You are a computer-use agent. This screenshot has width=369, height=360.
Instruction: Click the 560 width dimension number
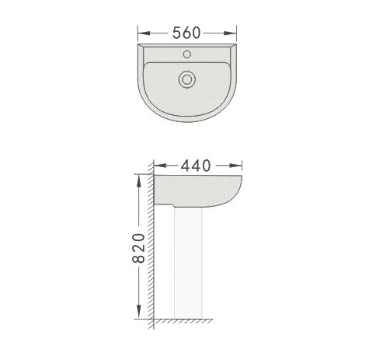[x=186, y=33]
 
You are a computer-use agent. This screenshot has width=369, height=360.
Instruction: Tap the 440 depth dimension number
[x=196, y=166]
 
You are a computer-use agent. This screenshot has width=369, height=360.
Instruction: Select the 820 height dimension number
[x=139, y=248]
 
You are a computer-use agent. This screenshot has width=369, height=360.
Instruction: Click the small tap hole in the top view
[x=187, y=54]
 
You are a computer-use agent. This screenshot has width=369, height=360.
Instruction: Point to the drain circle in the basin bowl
[x=186, y=79]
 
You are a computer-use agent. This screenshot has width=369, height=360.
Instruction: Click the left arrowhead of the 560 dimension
[x=144, y=33]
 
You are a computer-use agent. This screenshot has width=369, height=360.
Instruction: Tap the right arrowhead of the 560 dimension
[x=230, y=33]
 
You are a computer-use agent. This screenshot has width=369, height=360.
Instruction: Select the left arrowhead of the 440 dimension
[x=160, y=166]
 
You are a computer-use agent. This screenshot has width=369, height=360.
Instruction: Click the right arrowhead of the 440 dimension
[x=235, y=166]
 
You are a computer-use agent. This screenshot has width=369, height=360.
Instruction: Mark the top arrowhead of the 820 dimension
[x=139, y=181]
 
